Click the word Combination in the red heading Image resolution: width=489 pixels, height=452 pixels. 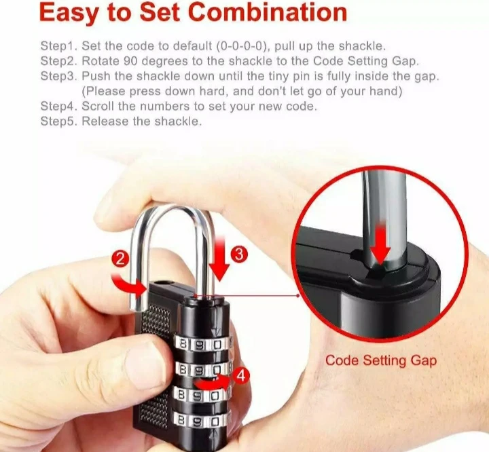click(x=268, y=12)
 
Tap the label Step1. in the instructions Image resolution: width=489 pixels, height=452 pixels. click(x=58, y=46)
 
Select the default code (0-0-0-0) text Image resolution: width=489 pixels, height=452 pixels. click(x=241, y=46)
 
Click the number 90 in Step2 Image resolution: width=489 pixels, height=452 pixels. click(x=130, y=61)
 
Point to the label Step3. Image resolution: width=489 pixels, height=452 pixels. click(x=58, y=76)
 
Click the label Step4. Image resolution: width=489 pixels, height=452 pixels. click(x=58, y=107)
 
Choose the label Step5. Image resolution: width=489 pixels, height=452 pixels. click(x=58, y=121)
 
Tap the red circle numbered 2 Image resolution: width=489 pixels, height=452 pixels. click(x=120, y=259)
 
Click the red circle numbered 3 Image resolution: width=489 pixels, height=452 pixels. click(x=239, y=254)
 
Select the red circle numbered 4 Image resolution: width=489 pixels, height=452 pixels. click(x=241, y=376)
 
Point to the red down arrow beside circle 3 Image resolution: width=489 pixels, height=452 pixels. click(x=220, y=259)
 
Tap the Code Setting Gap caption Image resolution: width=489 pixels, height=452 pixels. click(x=381, y=360)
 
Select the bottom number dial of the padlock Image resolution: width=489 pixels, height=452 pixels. click(x=202, y=421)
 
